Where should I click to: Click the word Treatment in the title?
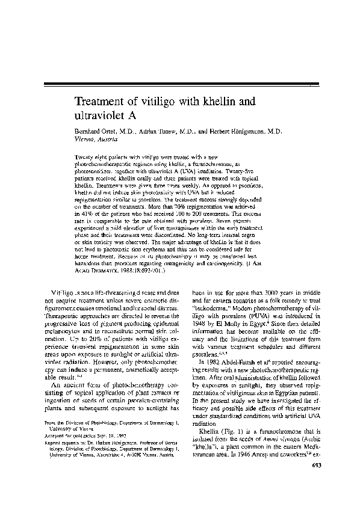[x=102, y=100]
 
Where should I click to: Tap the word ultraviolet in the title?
[x=102, y=114]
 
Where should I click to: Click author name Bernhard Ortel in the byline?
[x=92, y=130]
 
